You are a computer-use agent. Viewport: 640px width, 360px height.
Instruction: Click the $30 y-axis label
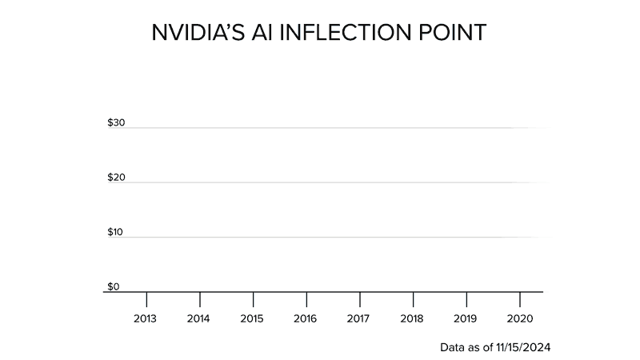(x=116, y=123)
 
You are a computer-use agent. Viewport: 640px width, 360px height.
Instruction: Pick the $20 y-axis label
(x=116, y=178)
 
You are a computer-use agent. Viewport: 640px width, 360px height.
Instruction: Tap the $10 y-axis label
(x=116, y=232)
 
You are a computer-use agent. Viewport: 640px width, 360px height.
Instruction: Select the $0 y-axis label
(x=114, y=286)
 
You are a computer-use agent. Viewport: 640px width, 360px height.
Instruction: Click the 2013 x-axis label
(x=146, y=318)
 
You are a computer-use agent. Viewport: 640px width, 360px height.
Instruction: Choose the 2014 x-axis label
(x=199, y=318)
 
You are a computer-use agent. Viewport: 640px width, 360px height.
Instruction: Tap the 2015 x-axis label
(x=253, y=318)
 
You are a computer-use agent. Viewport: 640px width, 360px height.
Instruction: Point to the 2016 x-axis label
(x=306, y=318)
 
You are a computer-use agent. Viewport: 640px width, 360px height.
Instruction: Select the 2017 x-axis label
(x=359, y=318)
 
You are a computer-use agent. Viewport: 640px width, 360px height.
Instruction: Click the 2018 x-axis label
(x=413, y=318)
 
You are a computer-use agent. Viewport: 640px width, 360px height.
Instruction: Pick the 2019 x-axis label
(x=466, y=318)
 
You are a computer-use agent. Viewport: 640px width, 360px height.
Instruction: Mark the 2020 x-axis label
(x=519, y=318)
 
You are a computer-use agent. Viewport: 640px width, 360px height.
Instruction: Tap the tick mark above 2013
(x=146, y=299)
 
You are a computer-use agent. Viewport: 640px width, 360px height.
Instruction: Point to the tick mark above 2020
(x=520, y=299)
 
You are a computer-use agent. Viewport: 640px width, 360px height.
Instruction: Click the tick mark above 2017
(x=360, y=299)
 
